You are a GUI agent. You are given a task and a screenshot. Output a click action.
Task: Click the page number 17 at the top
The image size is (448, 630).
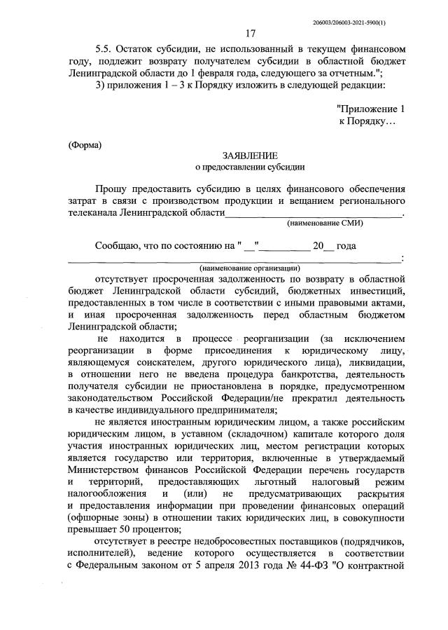(x=250, y=34)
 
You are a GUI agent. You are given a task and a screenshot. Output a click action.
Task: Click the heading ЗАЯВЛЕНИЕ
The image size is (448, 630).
(x=250, y=155)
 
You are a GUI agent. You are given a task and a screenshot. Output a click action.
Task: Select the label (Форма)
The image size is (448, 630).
(x=85, y=145)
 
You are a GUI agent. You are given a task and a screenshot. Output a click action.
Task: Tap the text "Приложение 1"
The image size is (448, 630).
(x=370, y=109)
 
